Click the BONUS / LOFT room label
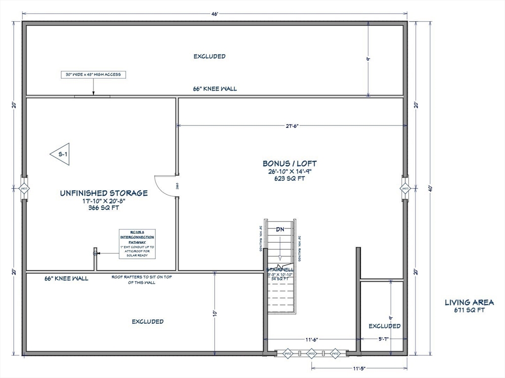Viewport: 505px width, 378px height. click(289, 163)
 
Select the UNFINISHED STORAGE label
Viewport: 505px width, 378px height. click(104, 193)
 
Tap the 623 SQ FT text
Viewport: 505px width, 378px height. click(289, 179)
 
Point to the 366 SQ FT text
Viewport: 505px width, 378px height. click(104, 208)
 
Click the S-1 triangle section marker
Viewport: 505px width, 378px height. click(61, 154)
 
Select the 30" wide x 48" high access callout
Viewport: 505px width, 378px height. click(93, 75)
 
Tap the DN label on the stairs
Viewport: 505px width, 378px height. click(280, 229)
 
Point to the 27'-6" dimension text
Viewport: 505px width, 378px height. click(291, 126)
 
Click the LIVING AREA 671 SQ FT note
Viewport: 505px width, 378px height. click(468, 306)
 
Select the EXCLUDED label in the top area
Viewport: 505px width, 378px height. click(209, 56)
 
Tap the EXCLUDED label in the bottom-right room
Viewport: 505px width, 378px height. click(385, 326)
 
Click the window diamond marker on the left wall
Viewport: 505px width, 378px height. click(24, 189)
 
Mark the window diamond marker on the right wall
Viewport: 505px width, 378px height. click(405, 189)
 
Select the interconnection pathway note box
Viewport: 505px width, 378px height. click(137, 244)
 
